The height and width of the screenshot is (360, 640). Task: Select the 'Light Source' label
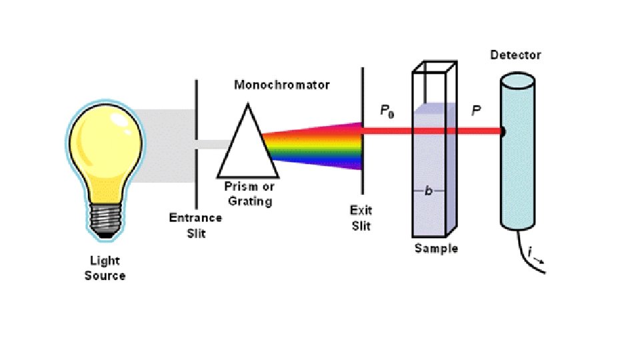pyautogui.click(x=105, y=269)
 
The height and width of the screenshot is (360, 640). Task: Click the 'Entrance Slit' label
pyautogui.click(x=195, y=225)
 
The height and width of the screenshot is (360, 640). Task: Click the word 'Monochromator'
pyautogui.click(x=282, y=85)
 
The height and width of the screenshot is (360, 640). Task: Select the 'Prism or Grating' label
pyautogui.click(x=249, y=194)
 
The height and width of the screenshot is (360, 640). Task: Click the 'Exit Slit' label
pyautogui.click(x=361, y=218)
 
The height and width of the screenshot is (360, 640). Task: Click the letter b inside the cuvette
pyautogui.click(x=429, y=191)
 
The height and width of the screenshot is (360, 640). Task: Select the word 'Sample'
pyautogui.click(x=436, y=249)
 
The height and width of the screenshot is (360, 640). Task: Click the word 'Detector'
pyautogui.click(x=515, y=55)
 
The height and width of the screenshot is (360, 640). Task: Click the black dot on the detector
pyautogui.click(x=503, y=132)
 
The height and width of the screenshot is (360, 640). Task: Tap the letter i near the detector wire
pyautogui.click(x=530, y=253)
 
